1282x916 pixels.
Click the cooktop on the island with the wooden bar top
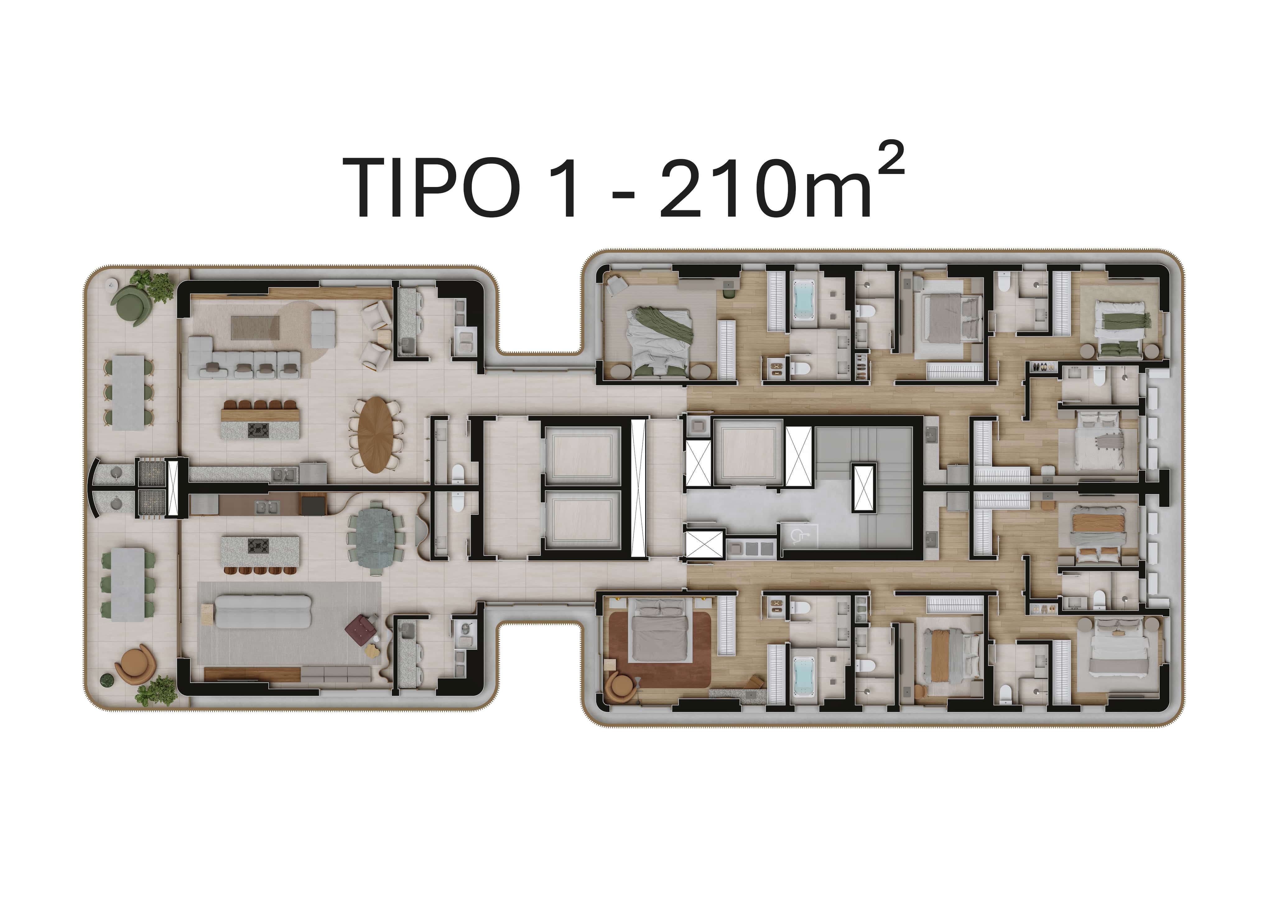pos(258,430)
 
